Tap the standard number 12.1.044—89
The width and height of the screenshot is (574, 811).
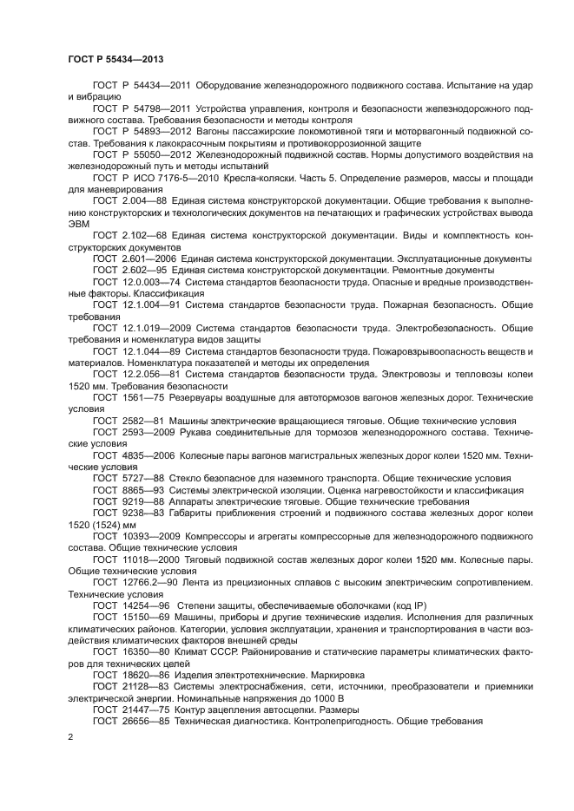click(x=160, y=351)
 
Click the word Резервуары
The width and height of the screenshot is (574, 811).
click(x=208, y=396)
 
